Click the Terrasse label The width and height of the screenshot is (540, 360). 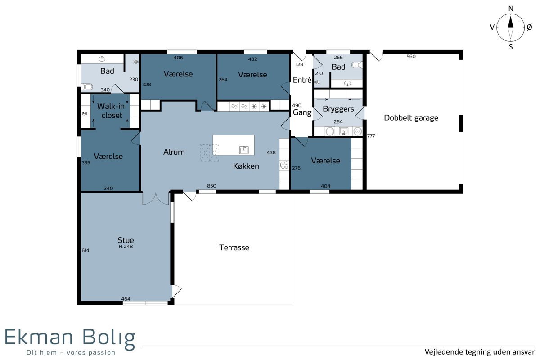[234, 247]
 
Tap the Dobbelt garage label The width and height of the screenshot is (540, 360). [411, 118]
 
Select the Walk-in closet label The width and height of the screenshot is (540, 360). [111, 111]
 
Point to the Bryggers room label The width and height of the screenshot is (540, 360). [338, 109]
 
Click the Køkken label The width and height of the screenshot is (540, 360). [246, 166]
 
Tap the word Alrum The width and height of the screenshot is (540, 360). [174, 152]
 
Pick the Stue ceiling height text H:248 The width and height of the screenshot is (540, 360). [126, 247]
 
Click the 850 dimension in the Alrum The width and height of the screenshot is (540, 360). [211, 186]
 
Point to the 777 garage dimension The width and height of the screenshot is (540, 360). [371, 136]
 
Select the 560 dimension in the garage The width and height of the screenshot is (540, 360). [411, 56]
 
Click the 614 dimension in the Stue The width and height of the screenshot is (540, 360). [85, 250]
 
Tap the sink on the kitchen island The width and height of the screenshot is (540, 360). [244, 150]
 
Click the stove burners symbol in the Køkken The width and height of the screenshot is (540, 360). [284, 165]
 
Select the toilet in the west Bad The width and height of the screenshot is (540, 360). [87, 86]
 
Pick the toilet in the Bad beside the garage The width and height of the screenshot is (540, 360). [357, 65]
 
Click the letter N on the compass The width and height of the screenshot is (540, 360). [511, 9]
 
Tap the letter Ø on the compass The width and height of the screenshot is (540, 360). [529, 27]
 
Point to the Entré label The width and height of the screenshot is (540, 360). [302, 80]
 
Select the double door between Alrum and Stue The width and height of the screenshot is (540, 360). [156, 199]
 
